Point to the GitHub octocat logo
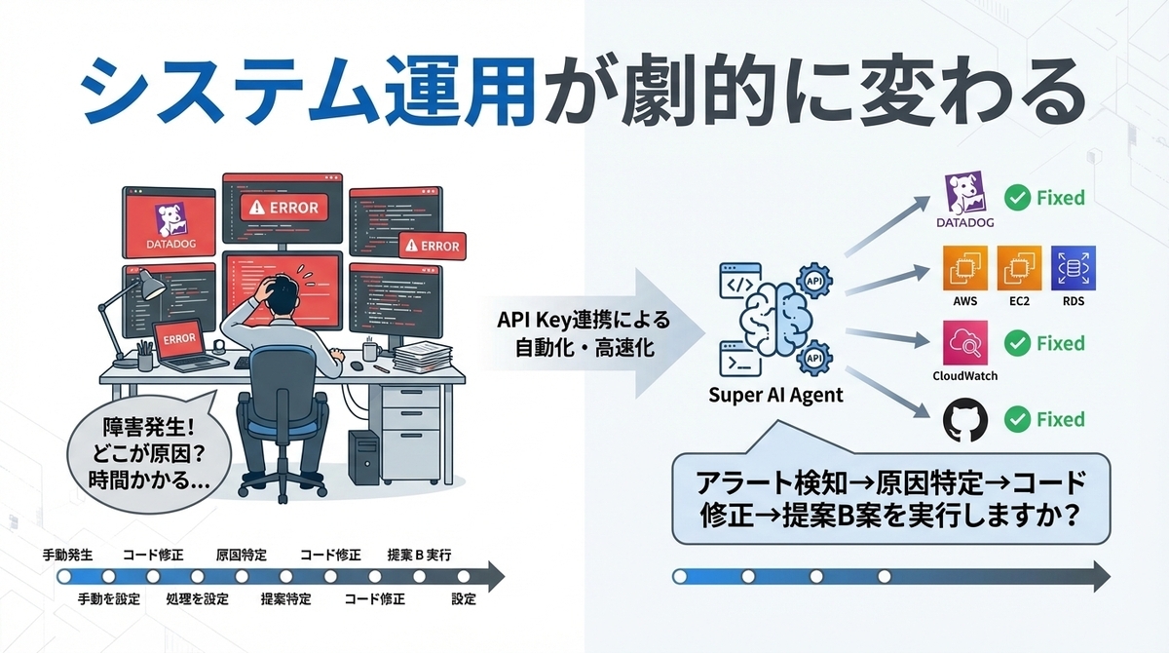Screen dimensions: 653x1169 click(965, 420)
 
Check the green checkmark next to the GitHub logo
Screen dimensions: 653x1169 click(1018, 420)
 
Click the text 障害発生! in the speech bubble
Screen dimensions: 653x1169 click(146, 427)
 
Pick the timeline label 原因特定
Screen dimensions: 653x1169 click(241, 555)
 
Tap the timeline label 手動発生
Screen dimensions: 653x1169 click(67, 555)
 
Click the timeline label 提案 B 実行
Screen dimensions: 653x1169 click(419, 555)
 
